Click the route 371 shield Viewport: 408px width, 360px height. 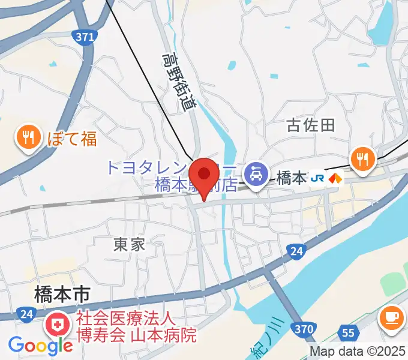[x=86, y=37]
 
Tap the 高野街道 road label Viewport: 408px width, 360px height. [x=179, y=82]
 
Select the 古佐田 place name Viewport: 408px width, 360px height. [x=310, y=125]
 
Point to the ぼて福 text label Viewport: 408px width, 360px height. [x=71, y=139]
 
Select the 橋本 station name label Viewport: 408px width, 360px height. [x=292, y=178]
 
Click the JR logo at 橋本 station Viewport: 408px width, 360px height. [x=318, y=178]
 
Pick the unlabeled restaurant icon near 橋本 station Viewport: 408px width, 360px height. [x=362, y=158]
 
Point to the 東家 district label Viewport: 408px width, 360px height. [x=130, y=244]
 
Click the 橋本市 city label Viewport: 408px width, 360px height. [x=62, y=294]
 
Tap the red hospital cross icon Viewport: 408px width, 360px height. [x=58, y=326]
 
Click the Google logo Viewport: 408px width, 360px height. [x=40, y=345]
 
